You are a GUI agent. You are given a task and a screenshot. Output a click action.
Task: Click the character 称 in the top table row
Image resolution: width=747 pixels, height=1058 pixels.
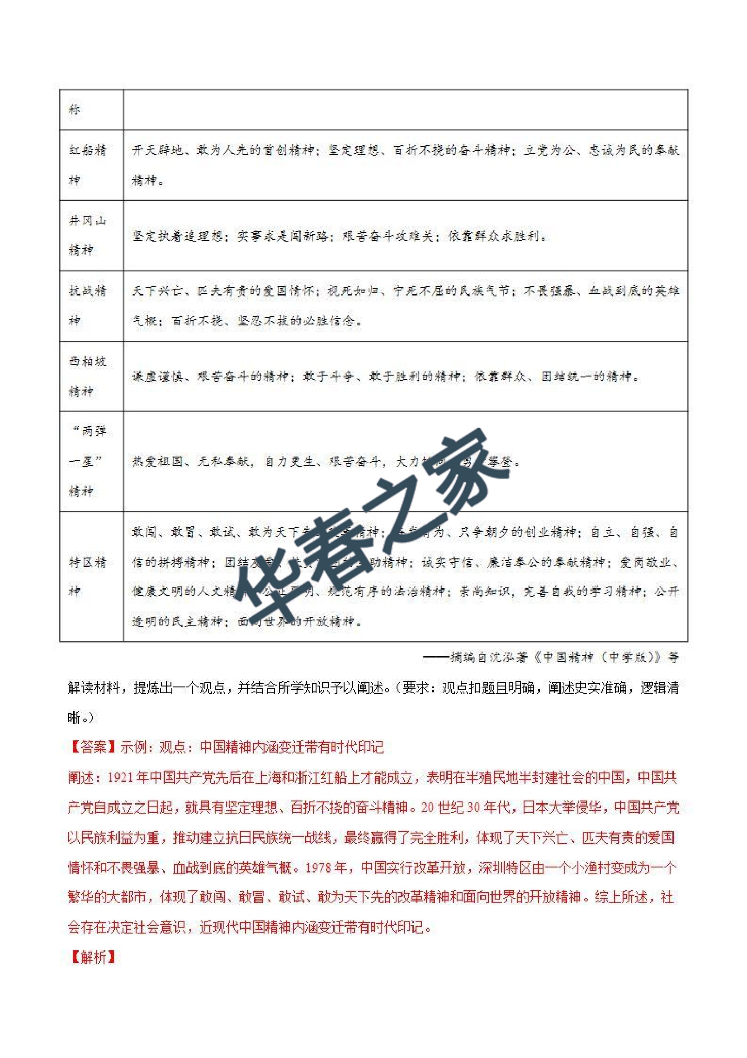[75, 110]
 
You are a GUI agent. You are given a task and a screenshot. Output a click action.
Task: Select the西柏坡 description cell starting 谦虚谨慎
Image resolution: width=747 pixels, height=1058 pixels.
[385, 376]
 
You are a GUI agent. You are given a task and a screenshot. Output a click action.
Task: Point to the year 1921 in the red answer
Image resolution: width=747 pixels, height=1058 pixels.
[120, 777]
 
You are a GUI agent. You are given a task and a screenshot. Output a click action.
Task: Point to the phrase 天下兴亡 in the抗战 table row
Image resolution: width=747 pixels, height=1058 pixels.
[157, 291]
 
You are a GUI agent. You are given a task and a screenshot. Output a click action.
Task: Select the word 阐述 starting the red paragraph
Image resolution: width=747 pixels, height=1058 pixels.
[80, 777]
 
